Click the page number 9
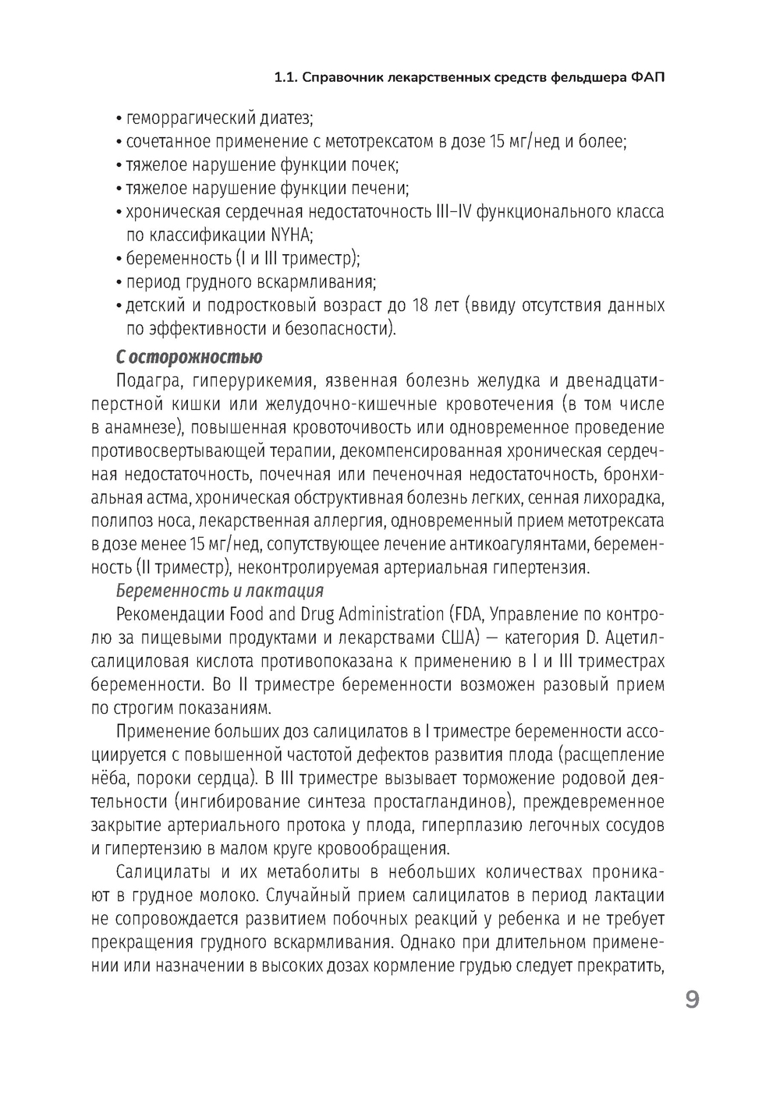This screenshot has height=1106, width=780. pyautogui.click(x=692, y=1000)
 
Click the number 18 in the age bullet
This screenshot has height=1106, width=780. pyautogui.click(x=421, y=305)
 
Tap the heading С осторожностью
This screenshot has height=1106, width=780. pyautogui.click(x=189, y=358)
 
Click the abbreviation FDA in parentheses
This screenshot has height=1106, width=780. pyautogui.click(x=468, y=614)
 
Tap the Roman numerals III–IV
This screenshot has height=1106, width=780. pyautogui.click(x=448, y=211)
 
